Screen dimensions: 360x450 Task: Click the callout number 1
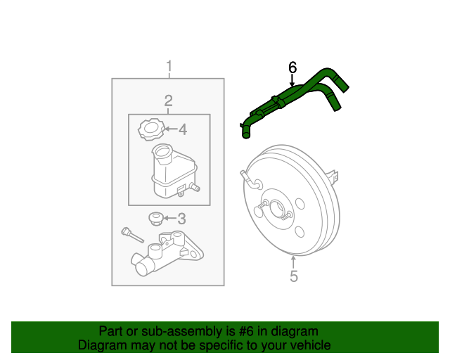click(x=169, y=67)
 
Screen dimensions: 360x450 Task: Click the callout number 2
click(x=169, y=101)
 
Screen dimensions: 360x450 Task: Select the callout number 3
click(x=181, y=218)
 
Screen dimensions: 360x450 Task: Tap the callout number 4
click(x=182, y=129)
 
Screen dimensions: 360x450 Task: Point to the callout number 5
click(x=294, y=276)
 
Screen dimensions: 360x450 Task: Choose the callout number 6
click(x=293, y=67)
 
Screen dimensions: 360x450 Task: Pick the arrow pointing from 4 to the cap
click(x=169, y=129)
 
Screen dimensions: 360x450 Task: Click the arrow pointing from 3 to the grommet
click(x=169, y=218)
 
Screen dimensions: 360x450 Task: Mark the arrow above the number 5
click(x=294, y=262)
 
